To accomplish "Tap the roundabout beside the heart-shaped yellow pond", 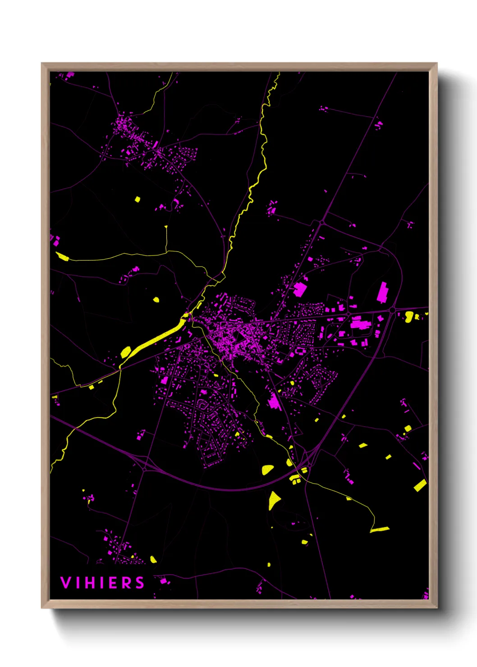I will click(x=393, y=310).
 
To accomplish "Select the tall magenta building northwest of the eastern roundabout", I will click(x=382, y=292).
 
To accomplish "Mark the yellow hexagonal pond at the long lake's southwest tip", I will click(x=126, y=352).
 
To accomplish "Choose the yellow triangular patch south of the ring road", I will click(x=274, y=500).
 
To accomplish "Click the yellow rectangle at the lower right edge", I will click(x=420, y=485).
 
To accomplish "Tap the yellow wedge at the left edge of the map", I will click(x=62, y=257).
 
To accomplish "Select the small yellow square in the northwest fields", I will click(x=138, y=199).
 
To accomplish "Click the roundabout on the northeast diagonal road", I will click(x=322, y=222).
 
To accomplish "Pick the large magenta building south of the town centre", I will click(x=274, y=401).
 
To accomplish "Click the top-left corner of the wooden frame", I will click(x=42, y=64).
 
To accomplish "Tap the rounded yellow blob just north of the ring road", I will click(x=267, y=470).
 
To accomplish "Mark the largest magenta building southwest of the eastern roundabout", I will click(x=360, y=324).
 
